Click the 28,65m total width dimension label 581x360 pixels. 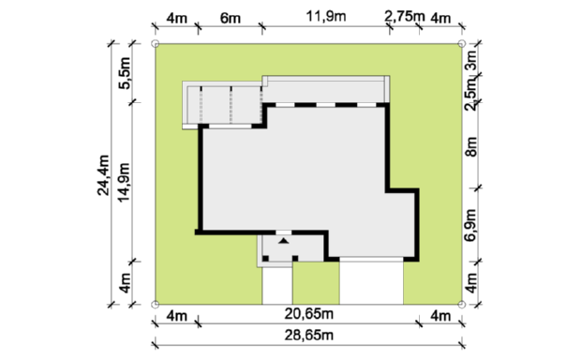[309, 336]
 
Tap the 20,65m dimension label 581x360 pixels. [309, 314]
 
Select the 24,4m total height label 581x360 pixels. [103, 175]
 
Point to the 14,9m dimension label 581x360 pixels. [124, 183]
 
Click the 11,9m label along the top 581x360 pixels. [326, 16]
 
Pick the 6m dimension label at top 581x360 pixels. [231, 18]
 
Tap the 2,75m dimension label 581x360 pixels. [404, 16]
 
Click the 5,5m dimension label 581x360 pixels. [125, 73]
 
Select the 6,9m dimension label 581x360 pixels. [470, 225]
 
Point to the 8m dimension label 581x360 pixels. [471, 147]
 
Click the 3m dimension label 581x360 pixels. [471, 60]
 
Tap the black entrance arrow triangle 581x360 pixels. [283, 241]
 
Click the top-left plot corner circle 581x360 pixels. [156, 44]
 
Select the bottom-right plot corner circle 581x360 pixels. [462, 305]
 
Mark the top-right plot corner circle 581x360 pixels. [462, 44]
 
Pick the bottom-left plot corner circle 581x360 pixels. [156, 305]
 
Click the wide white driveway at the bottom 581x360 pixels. [371, 283]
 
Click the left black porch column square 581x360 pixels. [265, 259]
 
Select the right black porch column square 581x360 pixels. [295, 259]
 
